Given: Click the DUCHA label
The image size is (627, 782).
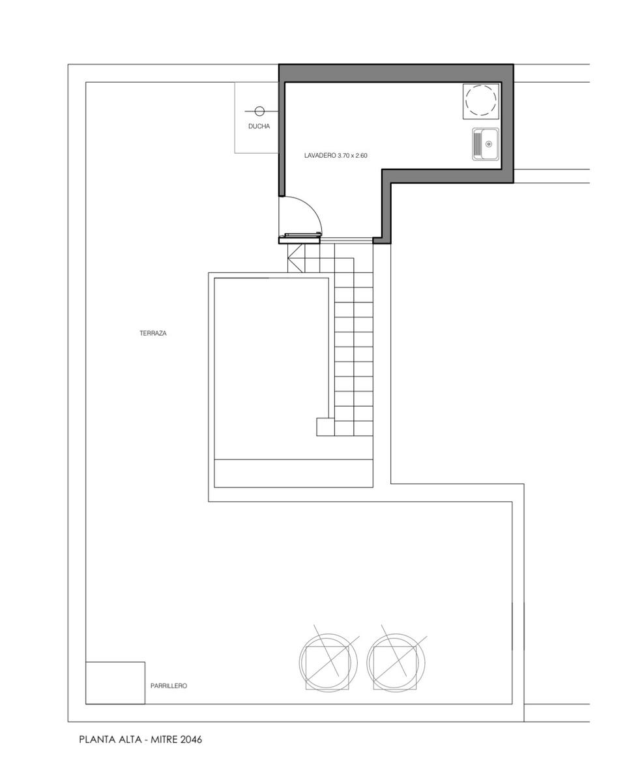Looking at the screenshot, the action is click(x=259, y=126).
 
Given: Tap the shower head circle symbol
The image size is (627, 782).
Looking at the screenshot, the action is click(x=259, y=111).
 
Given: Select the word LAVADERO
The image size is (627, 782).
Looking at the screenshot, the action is click(x=320, y=156).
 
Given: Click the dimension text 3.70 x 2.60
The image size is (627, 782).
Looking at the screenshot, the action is click(x=353, y=156).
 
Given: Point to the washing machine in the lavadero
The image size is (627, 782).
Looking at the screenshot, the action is click(x=481, y=101).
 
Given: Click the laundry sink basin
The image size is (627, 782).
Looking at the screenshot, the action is click(x=486, y=144).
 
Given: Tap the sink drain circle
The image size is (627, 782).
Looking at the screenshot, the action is click(x=489, y=144).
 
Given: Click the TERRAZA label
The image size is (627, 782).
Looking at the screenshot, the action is click(x=153, y=333).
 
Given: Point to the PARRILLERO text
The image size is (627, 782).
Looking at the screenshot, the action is click(x=169, y=686).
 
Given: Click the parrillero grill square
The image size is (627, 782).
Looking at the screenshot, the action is click(x=115, y=683).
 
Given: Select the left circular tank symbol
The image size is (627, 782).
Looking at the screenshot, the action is click(x=328, y=663).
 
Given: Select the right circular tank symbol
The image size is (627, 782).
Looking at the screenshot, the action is click(x=396, y=663).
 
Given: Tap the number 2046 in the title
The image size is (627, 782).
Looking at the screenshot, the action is click(x=190, y=740).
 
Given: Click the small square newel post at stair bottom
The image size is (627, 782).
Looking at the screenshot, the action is click(x=325, y=427).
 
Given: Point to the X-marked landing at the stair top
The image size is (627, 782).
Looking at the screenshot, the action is click(x=296, y=258).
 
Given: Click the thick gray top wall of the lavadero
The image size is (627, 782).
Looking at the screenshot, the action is click(x=396, y=73).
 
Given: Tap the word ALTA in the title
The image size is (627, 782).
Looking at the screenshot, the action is click(x=130, y=740).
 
